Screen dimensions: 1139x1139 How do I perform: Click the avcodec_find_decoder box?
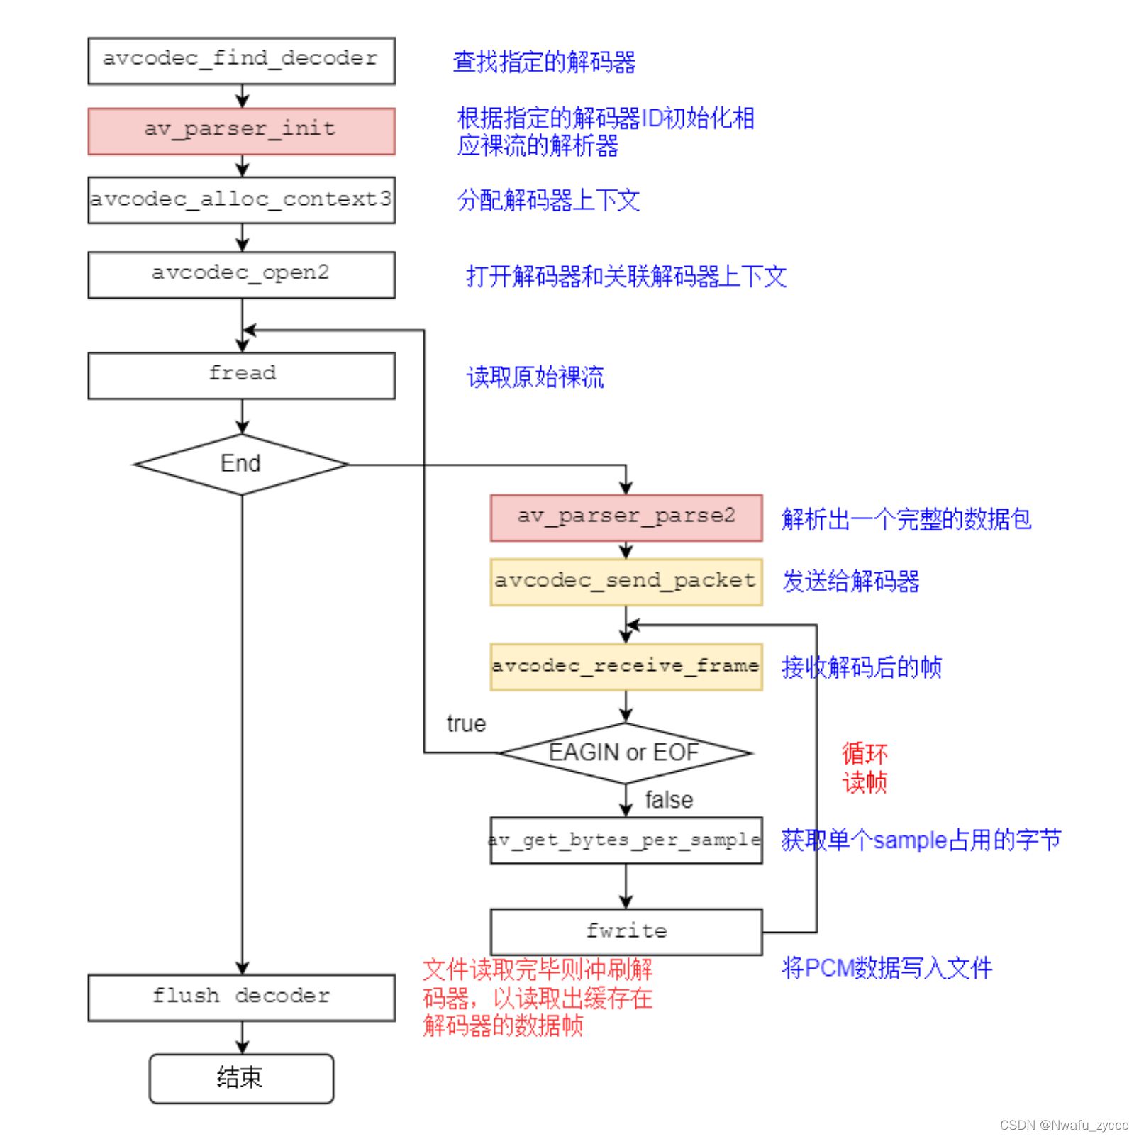pos(241,61)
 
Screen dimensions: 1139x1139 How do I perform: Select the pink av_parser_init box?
pos(241,131)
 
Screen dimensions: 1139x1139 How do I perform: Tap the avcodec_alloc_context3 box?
pos(241,200)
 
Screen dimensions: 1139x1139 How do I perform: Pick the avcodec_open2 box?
pos(241,274)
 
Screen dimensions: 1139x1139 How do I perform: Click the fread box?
pos(241,375)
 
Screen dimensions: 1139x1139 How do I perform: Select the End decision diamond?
pos(241,465)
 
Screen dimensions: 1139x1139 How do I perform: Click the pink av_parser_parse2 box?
pos(626,518)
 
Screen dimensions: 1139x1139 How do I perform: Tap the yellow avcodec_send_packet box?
pos(626,582)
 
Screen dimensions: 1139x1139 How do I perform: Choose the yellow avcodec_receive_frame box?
pos(626,667)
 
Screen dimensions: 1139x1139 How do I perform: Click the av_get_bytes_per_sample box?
pos(626,840)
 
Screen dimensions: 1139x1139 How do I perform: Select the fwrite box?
pos(626,931)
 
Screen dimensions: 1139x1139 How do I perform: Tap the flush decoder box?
pos(241,997)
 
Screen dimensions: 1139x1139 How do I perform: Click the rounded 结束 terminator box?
pos(241,1078)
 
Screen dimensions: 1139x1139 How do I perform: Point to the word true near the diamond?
pos(466,724)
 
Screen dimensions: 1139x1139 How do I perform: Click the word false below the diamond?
pos(668,801)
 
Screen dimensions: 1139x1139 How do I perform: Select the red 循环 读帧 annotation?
pos(864,768)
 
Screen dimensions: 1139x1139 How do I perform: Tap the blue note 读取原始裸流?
pos(535,377)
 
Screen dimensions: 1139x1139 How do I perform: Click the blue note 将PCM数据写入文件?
pos(887,968)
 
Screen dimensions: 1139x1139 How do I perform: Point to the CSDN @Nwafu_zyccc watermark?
pos(1063,1125)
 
